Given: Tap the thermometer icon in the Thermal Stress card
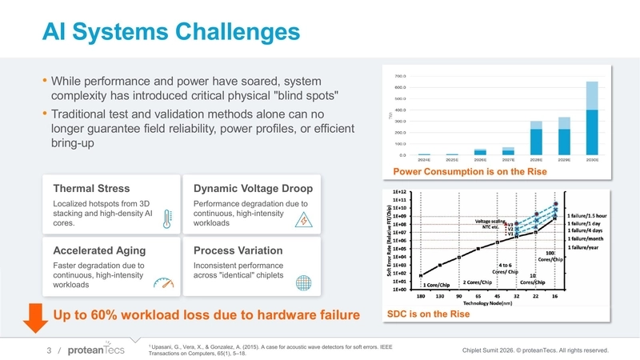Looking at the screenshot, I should [167, 219].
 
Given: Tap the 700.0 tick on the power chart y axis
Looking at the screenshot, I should [402, 75].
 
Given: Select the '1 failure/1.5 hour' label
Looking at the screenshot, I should [597, 215].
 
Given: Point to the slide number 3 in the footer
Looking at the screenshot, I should [49, 350].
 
